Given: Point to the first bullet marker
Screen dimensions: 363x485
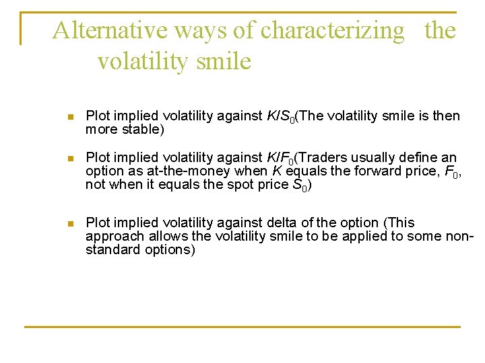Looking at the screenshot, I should [x=71, y=116].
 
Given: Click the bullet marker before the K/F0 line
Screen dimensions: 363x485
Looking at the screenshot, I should [x=71, y=158].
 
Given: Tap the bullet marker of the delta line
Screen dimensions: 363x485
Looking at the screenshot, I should [x=71, y=223].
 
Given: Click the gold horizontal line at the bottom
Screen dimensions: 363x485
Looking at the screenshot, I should [x=243, y=327].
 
